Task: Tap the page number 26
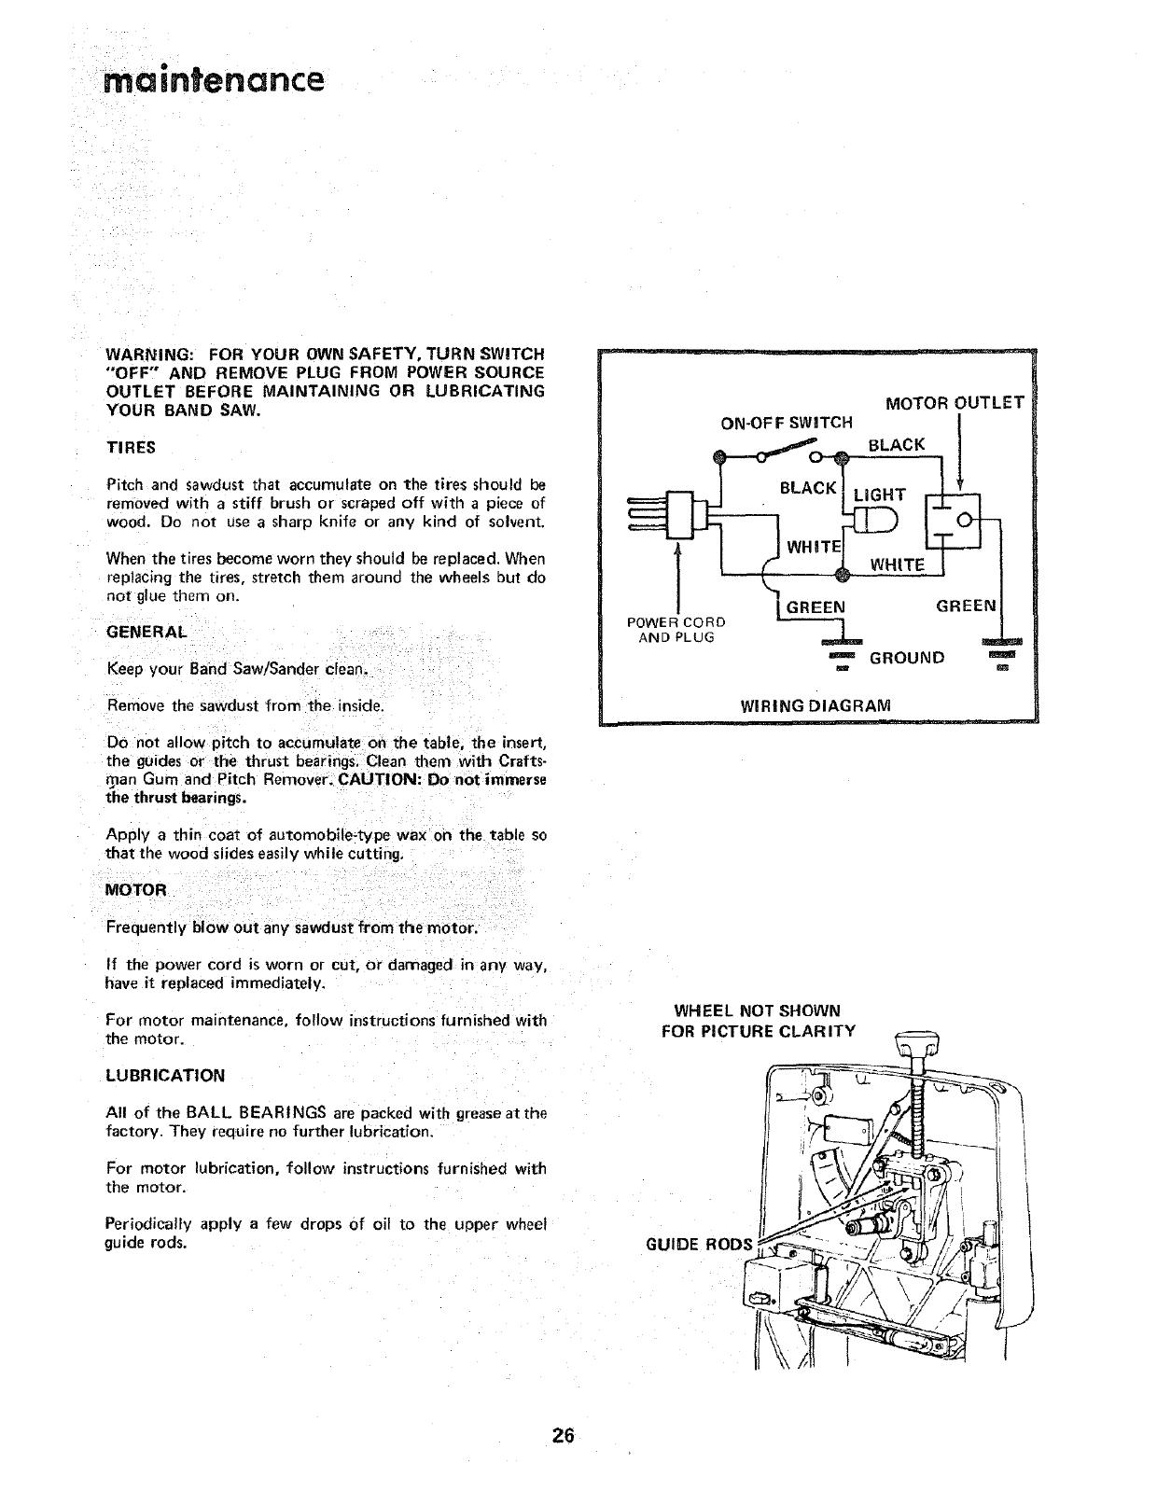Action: coord(562,1436)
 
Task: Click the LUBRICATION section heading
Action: coord(166,1075)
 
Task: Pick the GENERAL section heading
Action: coord(147,632)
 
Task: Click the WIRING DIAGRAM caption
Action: coord(815,704)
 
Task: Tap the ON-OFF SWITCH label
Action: coord(788,422)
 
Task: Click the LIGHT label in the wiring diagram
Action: coord(880,495)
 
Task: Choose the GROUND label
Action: coord(907,657)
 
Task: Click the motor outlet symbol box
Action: coord(952,519)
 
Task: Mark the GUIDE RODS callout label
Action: coord(699,1245)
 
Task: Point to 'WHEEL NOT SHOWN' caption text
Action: coord(757,1010)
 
